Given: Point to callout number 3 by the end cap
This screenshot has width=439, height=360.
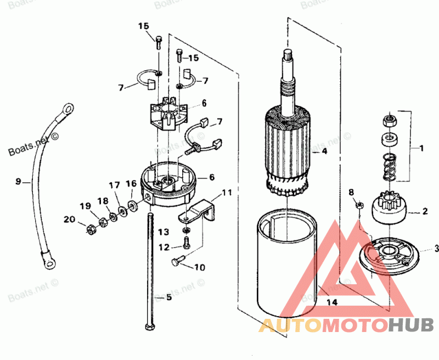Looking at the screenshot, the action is pos(436,247).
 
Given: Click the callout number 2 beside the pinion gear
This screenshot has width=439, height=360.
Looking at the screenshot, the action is pos(424,210).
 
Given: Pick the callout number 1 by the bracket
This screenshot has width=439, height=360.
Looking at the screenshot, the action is pos(421,148).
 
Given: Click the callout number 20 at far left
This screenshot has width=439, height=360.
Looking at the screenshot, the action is pos(69,219).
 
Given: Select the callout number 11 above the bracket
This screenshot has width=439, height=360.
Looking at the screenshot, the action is pos(227,193).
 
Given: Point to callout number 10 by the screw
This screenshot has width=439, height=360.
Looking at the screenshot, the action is pos(199,267).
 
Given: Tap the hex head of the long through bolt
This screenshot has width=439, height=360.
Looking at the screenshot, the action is pos(149,328).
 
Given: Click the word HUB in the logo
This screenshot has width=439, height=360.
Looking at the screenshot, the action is pos(410,325).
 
